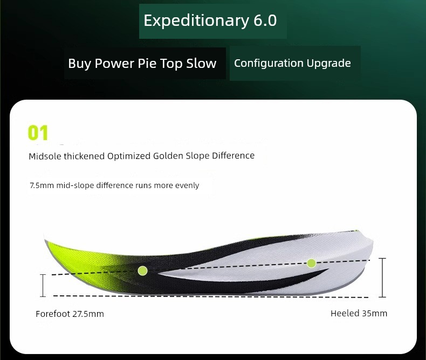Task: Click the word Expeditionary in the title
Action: coord(196,20)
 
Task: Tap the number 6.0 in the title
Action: coord(265,20)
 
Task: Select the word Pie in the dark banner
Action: coord(147,63)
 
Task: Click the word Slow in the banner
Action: coord(201,63)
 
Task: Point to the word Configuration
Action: coord(269,63)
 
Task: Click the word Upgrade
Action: coord(329,63)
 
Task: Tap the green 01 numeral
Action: coord(38,133)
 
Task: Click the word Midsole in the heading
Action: coord(45,156)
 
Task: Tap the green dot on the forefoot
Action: coord(143,271)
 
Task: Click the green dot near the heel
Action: coord(311,263)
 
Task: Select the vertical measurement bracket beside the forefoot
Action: coord(43,285)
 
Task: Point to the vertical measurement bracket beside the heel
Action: coord(382,278)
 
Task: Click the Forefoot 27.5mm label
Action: coord(70,314)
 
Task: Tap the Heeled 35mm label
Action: coord(359,313)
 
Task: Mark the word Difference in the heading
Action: coord(233,156)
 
